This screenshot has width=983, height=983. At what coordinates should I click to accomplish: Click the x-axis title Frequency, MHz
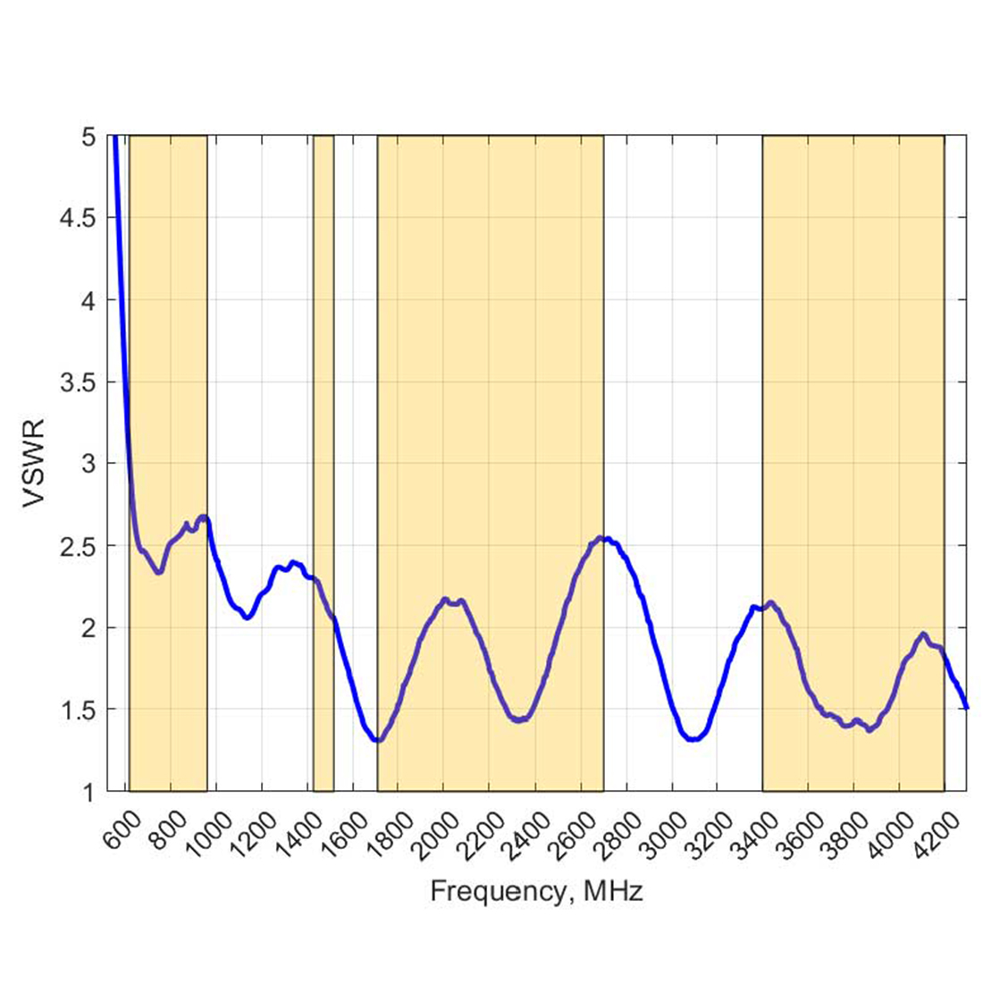(x=536, y=891)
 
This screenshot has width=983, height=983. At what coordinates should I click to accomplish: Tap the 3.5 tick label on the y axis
(x=82, y=382)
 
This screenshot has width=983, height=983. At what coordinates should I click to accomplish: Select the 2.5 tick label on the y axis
(x=82, y=545)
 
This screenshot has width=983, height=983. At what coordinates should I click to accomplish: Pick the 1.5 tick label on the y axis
(x=82, y=710)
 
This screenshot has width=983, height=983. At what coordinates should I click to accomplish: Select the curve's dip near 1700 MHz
(x=378, y=740)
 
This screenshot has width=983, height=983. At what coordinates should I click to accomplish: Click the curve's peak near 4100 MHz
(x=923, y=634)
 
